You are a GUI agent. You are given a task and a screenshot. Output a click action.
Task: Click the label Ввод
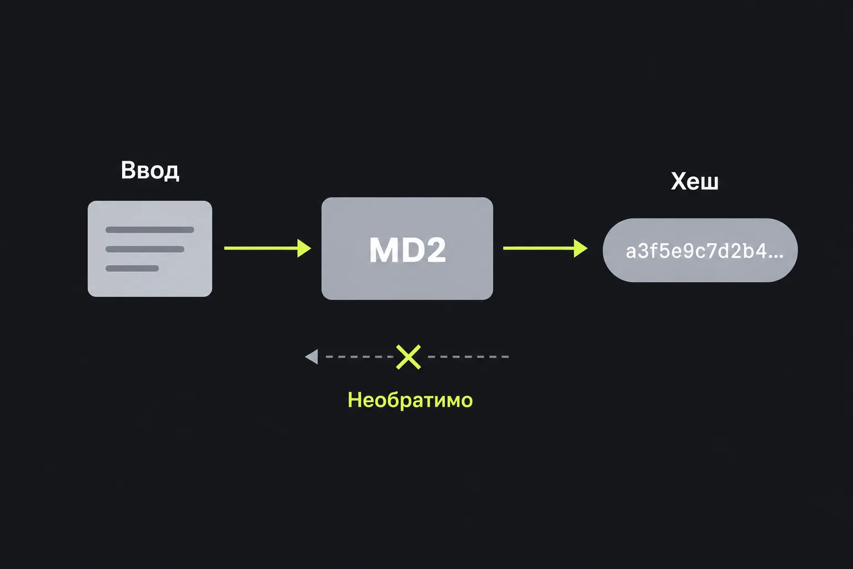click(149, 171)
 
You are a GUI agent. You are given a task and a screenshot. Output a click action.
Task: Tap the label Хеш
click(695, 181)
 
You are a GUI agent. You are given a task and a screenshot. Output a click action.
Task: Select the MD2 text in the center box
click(407, 249)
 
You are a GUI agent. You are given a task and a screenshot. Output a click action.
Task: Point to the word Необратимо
click(410, 400)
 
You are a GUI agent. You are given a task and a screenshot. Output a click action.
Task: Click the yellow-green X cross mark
click(408, 357)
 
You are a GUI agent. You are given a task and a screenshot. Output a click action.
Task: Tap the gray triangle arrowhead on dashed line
click(312, 357)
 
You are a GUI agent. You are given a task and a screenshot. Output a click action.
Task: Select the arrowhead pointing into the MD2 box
click(304, 248)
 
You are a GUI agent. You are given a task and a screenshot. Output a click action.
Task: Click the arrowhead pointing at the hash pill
click(581, 248)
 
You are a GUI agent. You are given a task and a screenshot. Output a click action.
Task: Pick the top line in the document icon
click(149, 230)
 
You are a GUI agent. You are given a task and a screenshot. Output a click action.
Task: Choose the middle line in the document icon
click(145, 249)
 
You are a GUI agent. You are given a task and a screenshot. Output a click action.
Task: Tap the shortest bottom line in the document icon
click(132, 269)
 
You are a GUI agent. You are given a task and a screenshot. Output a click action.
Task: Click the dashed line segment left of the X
click(359, 357)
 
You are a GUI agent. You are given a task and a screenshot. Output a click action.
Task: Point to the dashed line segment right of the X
click(468, 357)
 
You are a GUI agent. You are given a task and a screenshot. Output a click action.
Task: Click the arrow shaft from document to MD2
click(261, 248)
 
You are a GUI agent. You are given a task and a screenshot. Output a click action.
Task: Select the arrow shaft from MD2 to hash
click(539, 248)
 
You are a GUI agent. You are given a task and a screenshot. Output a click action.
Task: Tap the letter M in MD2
click(383, 249)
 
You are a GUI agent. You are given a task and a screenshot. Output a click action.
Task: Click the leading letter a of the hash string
click(631, 253)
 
